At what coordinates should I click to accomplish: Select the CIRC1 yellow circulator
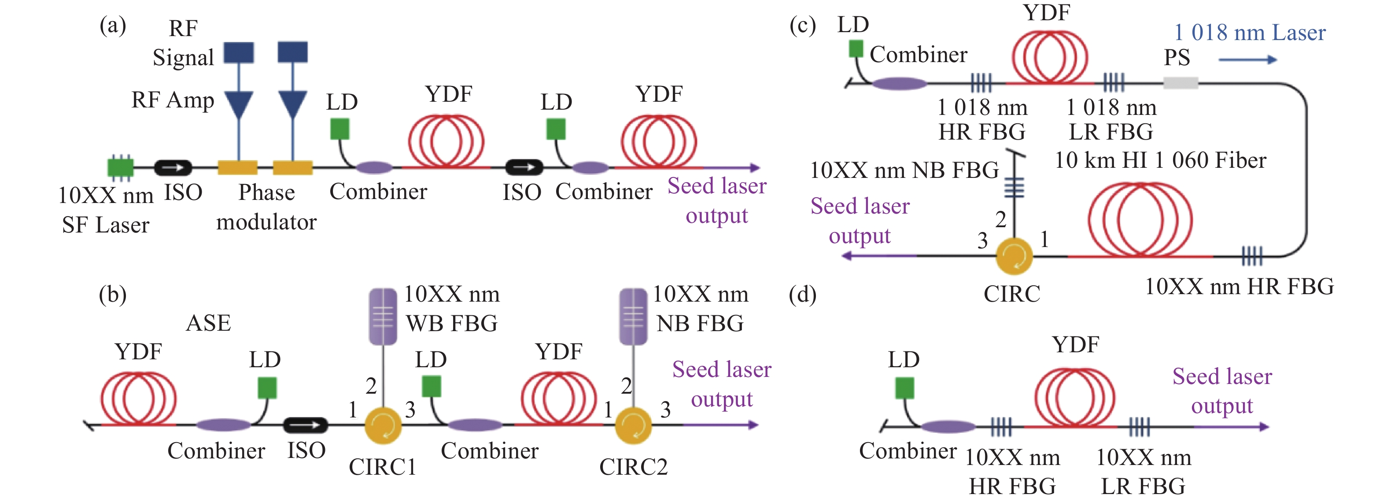click(x=383, y=425)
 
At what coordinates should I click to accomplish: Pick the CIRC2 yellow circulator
click(x=633, y=425)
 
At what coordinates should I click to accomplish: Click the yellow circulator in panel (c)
click(x=1014, y=256)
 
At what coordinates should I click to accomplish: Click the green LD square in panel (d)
click(x=904, y=388)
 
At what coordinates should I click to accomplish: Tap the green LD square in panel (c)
click(x=856, y=49)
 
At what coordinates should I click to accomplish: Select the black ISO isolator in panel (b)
click(x=305, y=425)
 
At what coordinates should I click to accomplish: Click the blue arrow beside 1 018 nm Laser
click(x=1247, y=60)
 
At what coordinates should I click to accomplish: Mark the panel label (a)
click(x=113, y=25)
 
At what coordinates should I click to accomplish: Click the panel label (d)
click(x=802, y=295)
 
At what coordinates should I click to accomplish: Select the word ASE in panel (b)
click(x=208, y=323)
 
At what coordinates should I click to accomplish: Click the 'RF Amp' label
click(x=173, y=100)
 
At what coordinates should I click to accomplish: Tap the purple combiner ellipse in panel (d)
click(x=948, y=427)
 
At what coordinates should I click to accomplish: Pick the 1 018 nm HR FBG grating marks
click(x=981, y=83)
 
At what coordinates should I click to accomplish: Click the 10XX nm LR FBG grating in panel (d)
click(x=1140, y=427)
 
